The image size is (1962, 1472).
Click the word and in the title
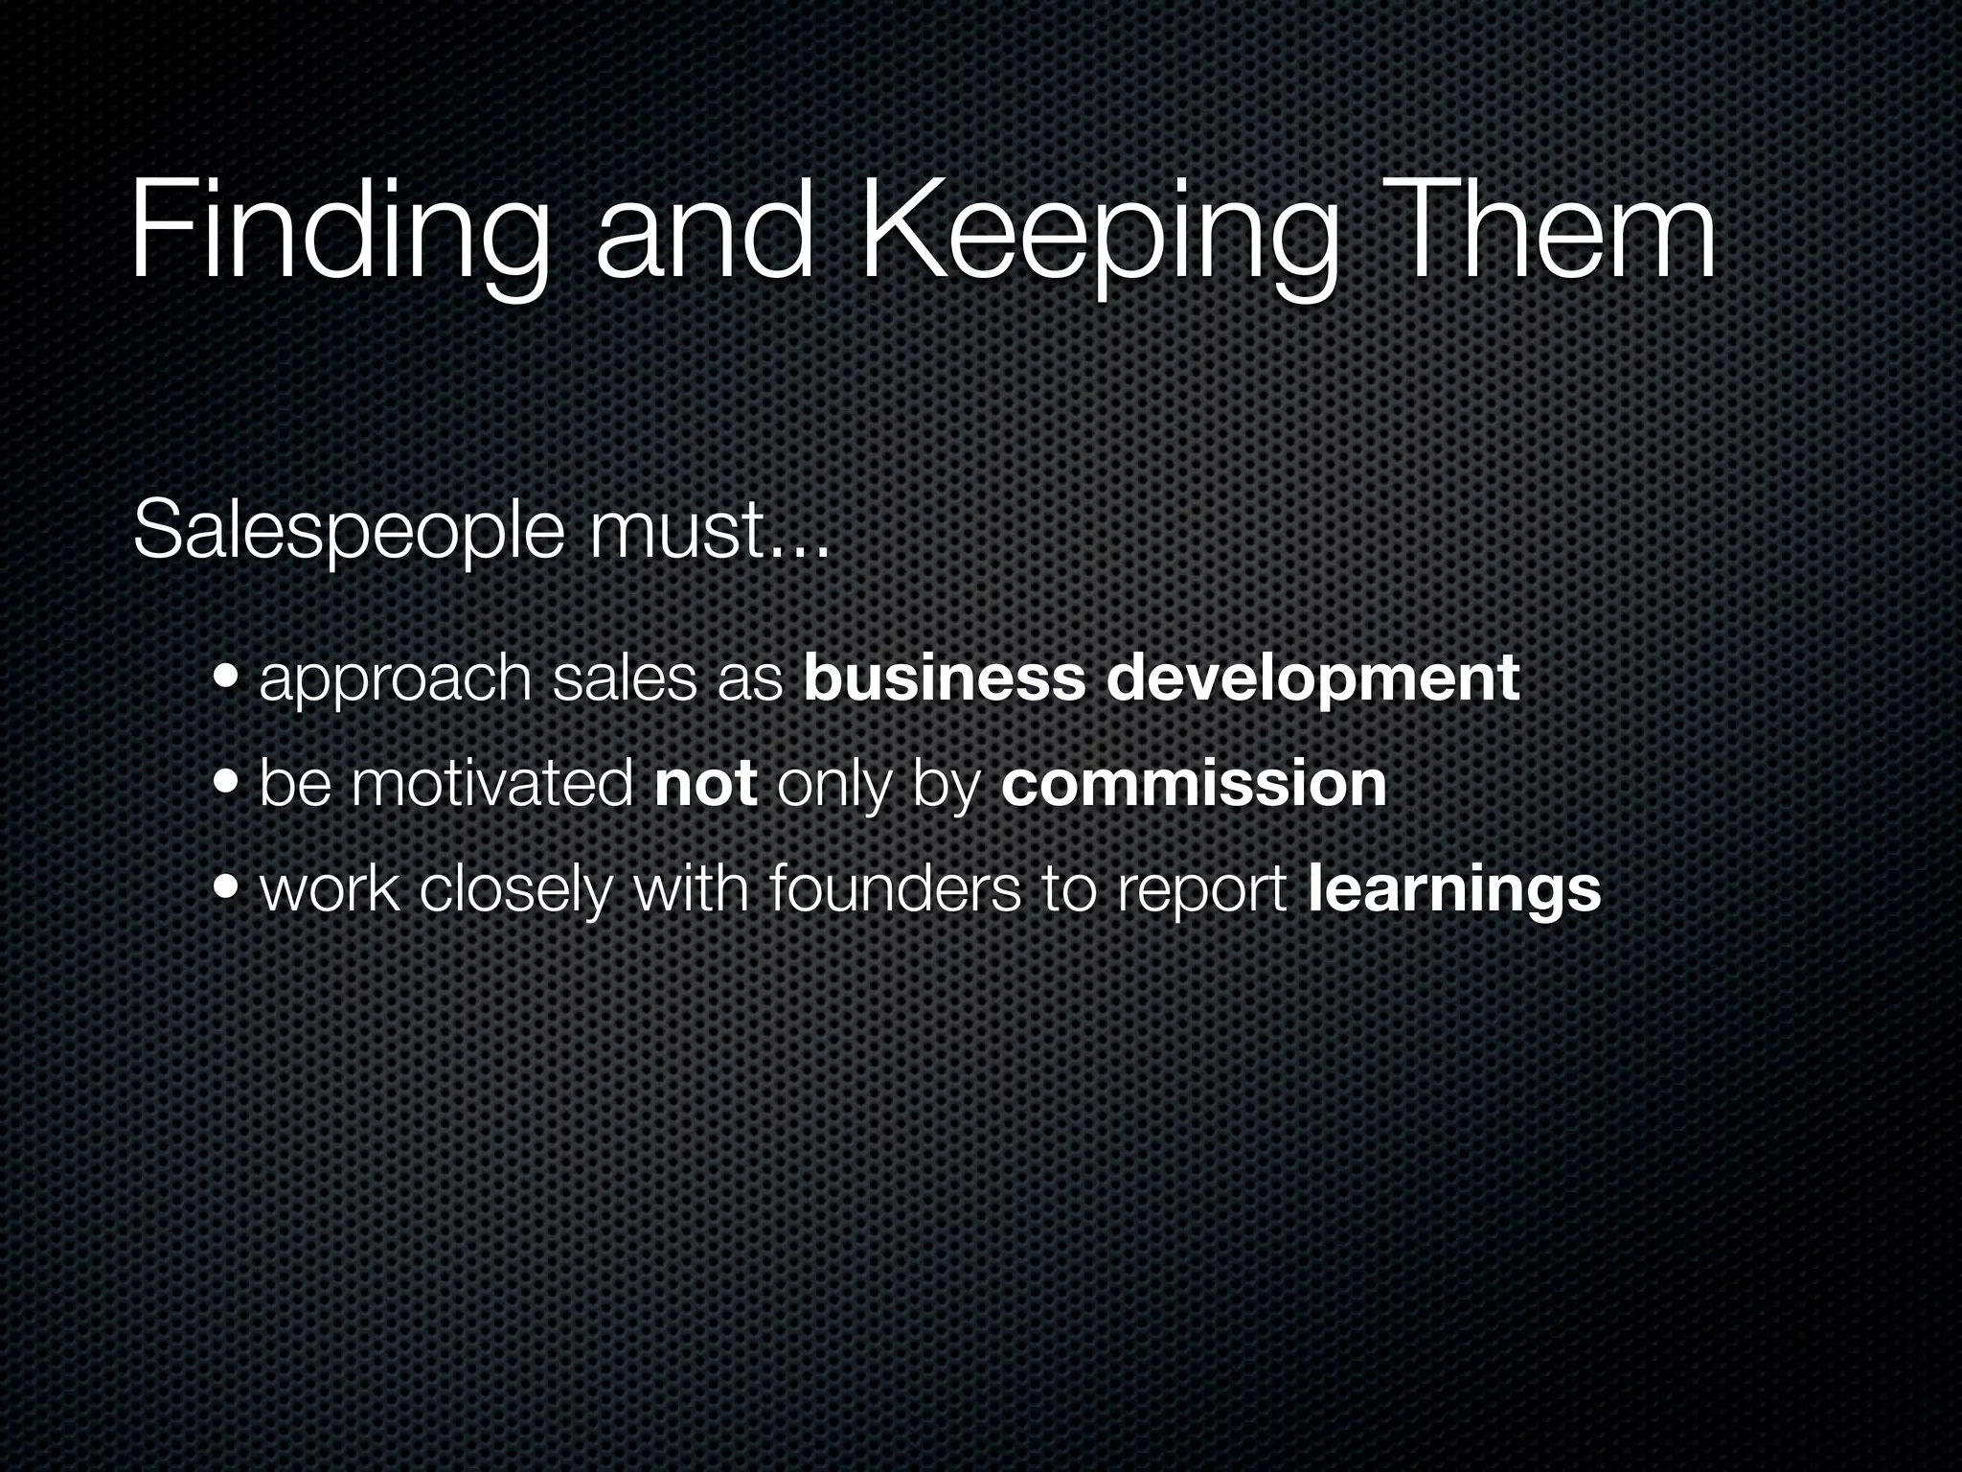(703, 230)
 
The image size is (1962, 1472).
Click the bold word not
(707, 783)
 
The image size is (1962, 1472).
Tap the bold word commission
(1194, 783)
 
